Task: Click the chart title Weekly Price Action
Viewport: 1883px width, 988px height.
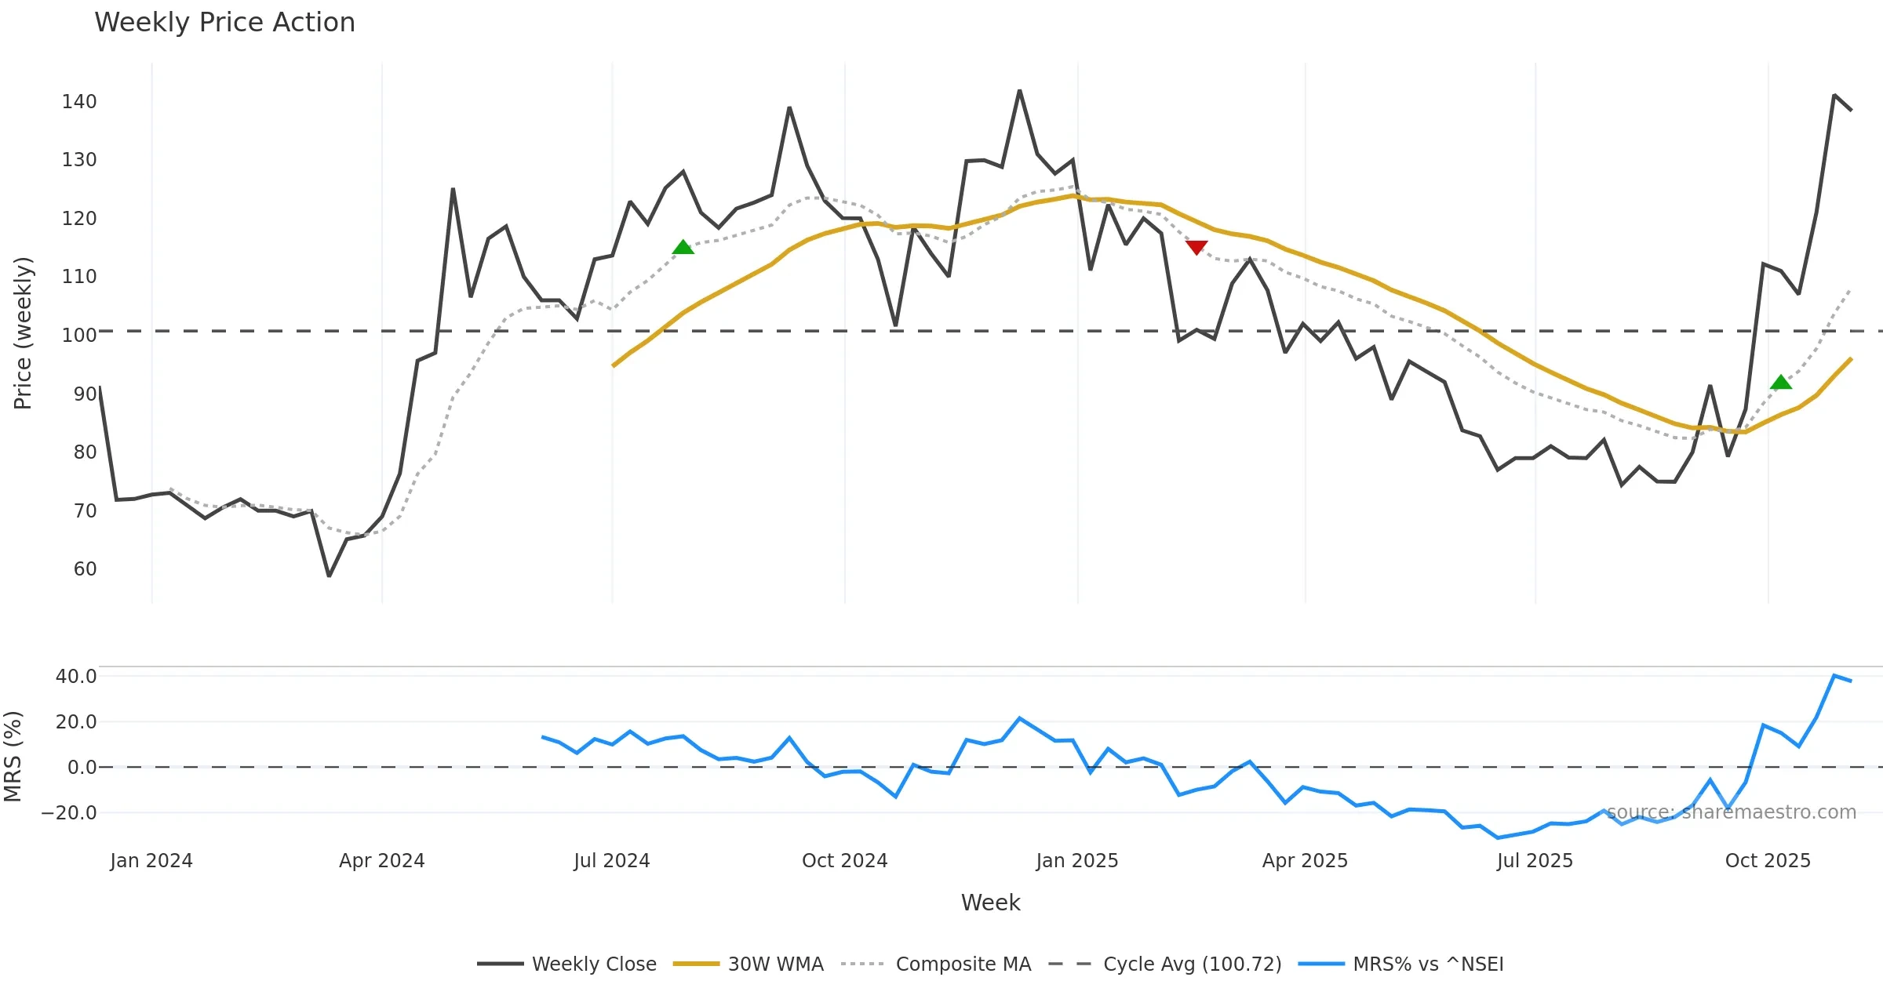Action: point(224,23)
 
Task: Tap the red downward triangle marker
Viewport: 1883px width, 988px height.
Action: point(1196,248)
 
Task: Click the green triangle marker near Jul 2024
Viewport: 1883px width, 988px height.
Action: point(683,247)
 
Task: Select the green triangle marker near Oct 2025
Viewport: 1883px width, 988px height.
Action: point(1781,382)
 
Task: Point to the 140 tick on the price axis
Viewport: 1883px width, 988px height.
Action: point(79,102)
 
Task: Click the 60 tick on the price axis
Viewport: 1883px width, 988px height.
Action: point(85,569)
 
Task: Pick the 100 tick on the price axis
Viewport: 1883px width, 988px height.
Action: point(79,336)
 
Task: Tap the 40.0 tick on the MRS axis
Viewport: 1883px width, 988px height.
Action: point(76,677)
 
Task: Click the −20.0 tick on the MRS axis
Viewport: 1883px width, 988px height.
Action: point(69,813)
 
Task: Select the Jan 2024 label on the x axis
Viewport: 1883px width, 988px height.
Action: point(151,861)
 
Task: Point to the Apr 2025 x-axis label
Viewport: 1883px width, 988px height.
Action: point(1305,861)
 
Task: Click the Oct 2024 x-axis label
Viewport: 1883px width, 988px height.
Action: point(844,861)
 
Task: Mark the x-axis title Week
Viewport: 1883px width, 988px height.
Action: point(990,903)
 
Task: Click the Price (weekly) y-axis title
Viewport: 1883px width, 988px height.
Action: point(23,333)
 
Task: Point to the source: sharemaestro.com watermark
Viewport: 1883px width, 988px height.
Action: point(1731,812)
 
